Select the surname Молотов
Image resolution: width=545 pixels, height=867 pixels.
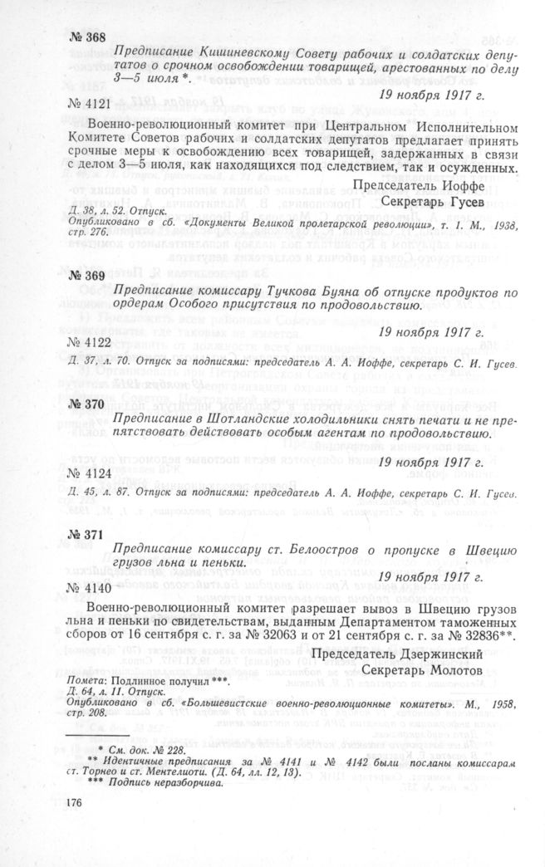451,669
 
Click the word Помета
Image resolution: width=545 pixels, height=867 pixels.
85,683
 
